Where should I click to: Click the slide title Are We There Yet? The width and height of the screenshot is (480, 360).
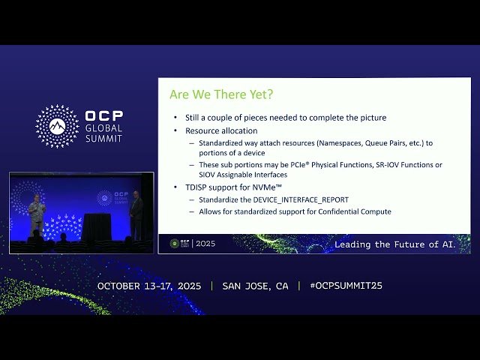[221, 94]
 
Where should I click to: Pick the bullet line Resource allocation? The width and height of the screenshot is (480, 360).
[221, 130]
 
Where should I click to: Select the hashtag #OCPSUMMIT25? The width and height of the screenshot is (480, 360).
[346, 286]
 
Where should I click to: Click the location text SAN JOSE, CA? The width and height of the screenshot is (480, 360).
[255, 286]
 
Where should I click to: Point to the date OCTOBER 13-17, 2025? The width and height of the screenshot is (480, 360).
[150, 286]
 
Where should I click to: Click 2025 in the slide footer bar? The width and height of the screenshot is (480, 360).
[205, 244]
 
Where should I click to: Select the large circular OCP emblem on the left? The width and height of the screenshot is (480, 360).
[57, 126]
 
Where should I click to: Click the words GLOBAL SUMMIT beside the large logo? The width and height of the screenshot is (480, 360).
[103, 133]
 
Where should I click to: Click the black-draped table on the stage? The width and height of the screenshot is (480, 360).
[96, 226]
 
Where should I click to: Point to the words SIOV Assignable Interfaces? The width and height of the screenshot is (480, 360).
[243, 175]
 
